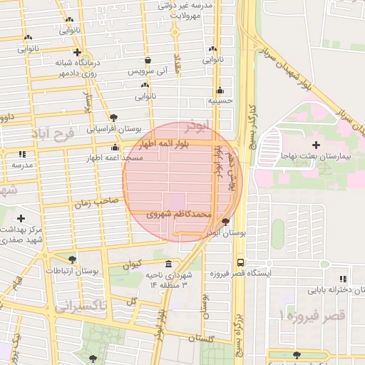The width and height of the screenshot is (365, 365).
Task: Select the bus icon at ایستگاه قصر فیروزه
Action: click(x=240, y=262)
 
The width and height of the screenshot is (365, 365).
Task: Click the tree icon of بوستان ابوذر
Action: click(x=226, y=222)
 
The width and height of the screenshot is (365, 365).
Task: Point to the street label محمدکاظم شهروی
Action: click(x=179, y=213)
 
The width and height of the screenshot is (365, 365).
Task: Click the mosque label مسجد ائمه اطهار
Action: click(x=115, y=157)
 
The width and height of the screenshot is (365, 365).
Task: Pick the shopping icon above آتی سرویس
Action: click(x=148, y=61)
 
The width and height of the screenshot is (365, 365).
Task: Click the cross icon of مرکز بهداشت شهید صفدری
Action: click(x=21, y=218)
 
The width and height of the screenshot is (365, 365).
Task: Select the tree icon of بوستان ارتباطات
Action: click(x=71, y=259)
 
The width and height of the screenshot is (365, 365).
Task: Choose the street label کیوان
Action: click(x=133, y=264)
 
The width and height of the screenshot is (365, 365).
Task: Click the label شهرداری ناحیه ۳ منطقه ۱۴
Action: click(x=168, y=279)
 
